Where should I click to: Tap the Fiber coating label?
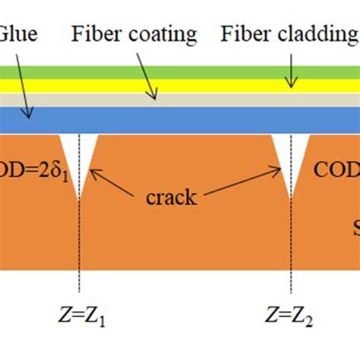pyautogui.click(x=134, y=34)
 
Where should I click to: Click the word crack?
pyautogui.click(x=172, y=199)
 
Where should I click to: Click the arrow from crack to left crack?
pyautogui.click(x=114, y=181)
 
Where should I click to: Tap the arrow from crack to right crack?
pyautogui.click(x=243, y=181)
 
